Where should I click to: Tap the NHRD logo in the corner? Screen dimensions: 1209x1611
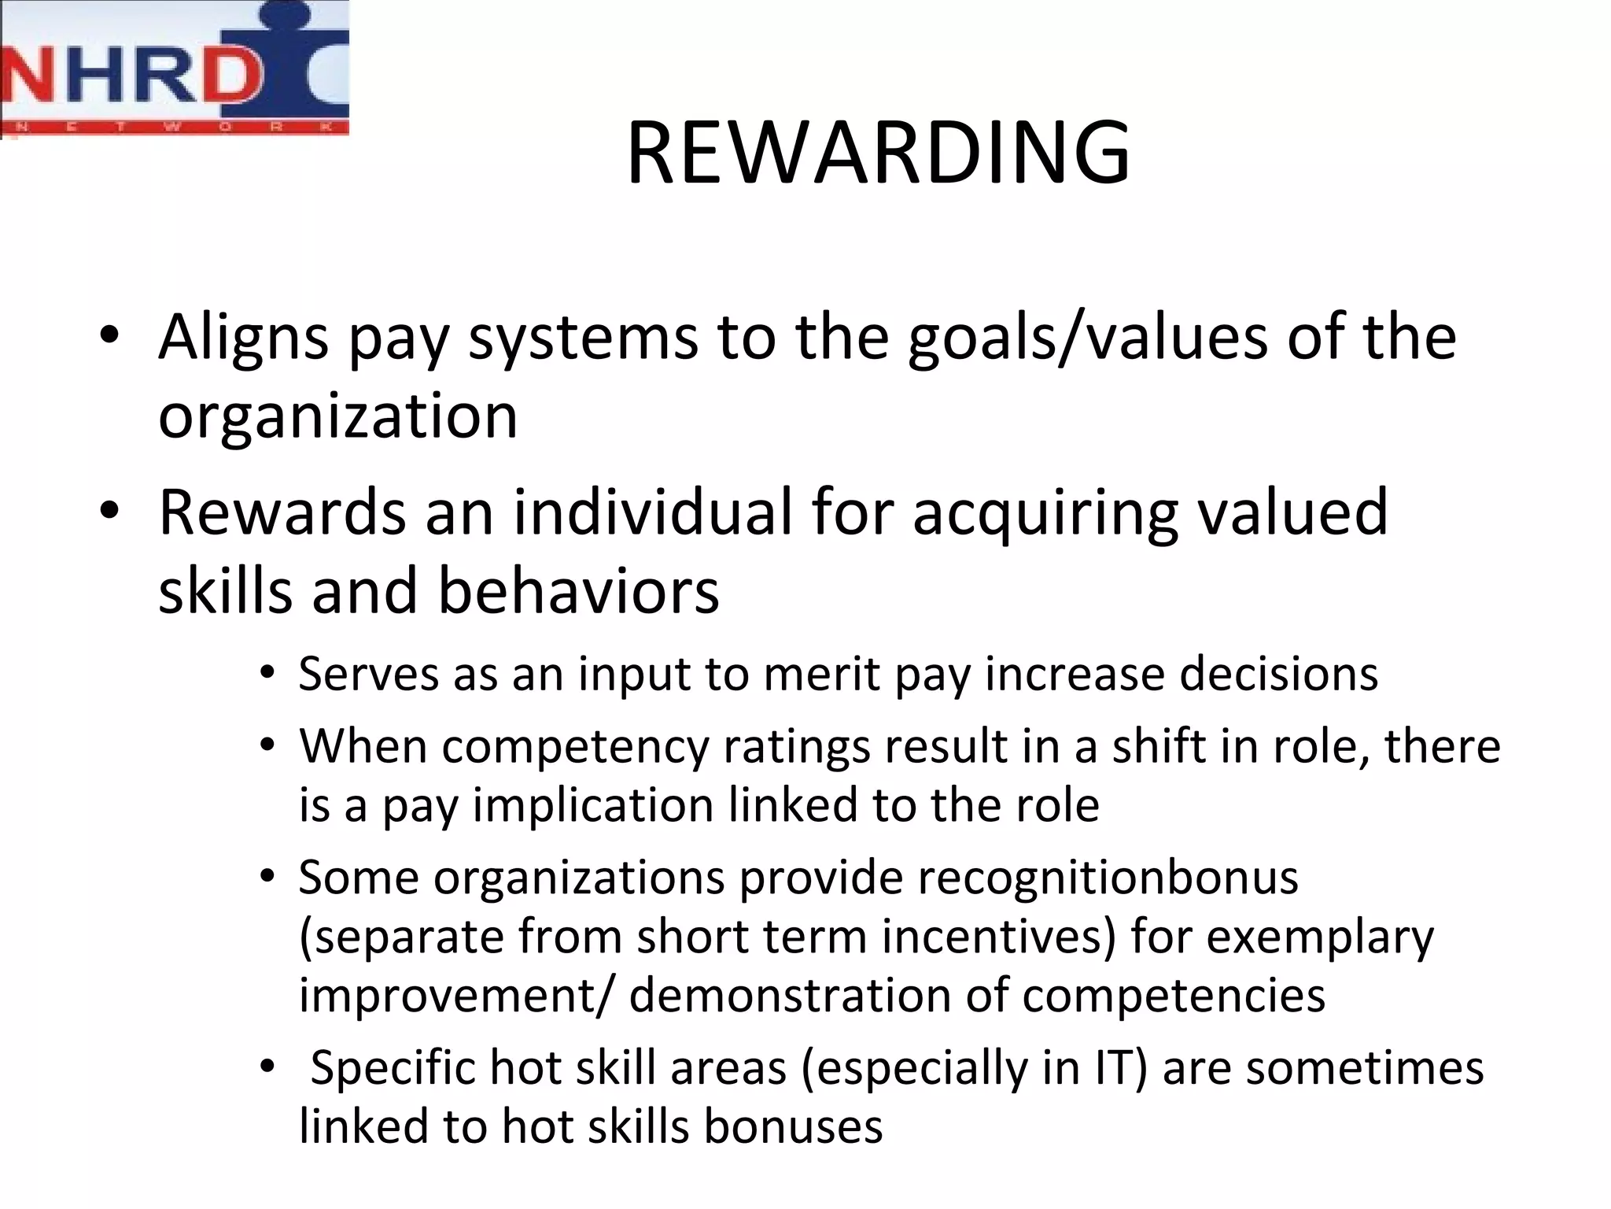point(175,69)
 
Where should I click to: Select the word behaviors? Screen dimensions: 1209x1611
point(578,591)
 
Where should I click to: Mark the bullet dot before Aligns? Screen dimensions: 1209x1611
point(109,337)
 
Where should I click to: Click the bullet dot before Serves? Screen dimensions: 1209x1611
point(268,674)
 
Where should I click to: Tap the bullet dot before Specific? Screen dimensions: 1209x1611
point(268,1067)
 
